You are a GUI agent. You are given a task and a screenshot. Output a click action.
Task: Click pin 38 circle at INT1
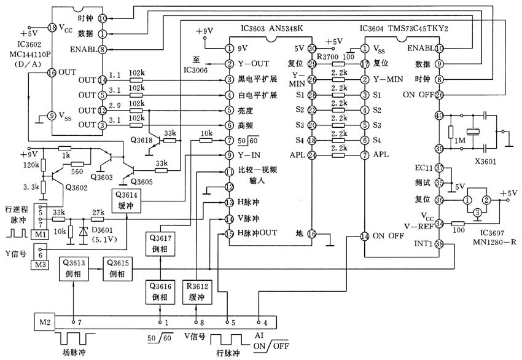(x=438, y=244)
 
